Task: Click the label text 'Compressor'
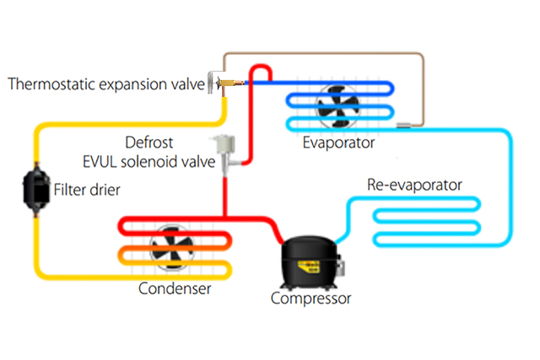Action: (x=310, y=298)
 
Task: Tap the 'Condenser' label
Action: (x=175, y=289)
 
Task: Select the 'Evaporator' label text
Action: (x=337, y=143)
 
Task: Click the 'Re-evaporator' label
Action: (x=414, y=184)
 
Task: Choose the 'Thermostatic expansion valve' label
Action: (x=105, y=83)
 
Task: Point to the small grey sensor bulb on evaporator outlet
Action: (x=403, y=126)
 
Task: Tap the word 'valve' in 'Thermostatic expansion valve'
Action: (x=186, y=83)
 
